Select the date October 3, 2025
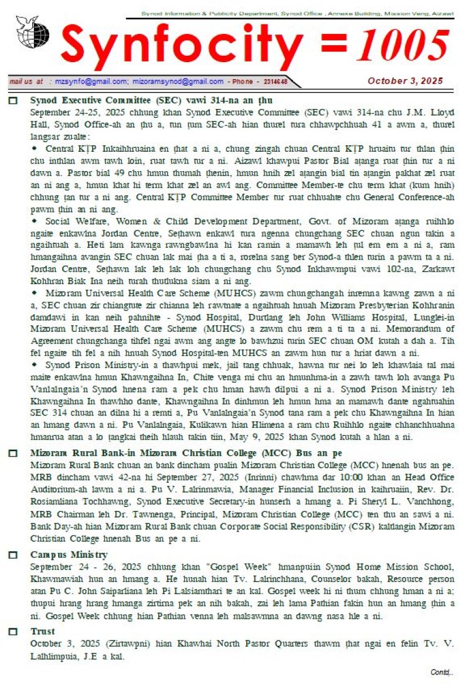coord(405,81)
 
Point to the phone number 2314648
coord(273,82)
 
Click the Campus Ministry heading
coord(69,555)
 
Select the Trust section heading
coord(42,632)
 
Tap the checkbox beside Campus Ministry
coord(13,556)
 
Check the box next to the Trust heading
coord(13,632)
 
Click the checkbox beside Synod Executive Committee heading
coord(13,101)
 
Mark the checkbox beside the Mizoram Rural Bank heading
coord(13,454)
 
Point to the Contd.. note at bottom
coord(441,672)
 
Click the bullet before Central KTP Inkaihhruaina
coord(35,148)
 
